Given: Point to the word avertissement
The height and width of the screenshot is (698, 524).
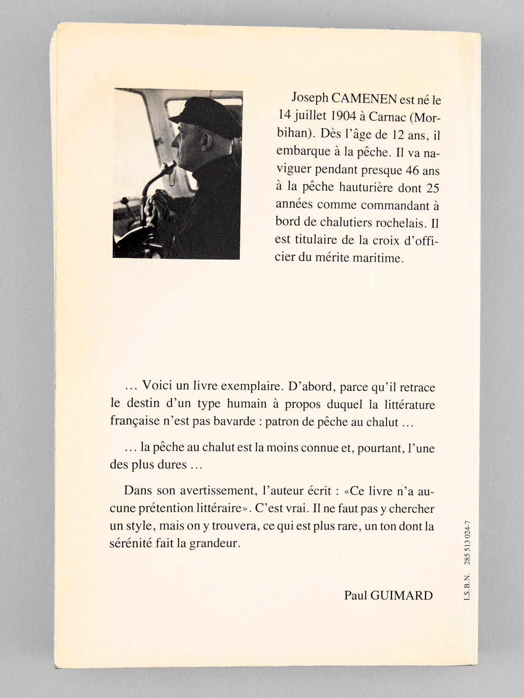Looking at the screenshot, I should point(217,490).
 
